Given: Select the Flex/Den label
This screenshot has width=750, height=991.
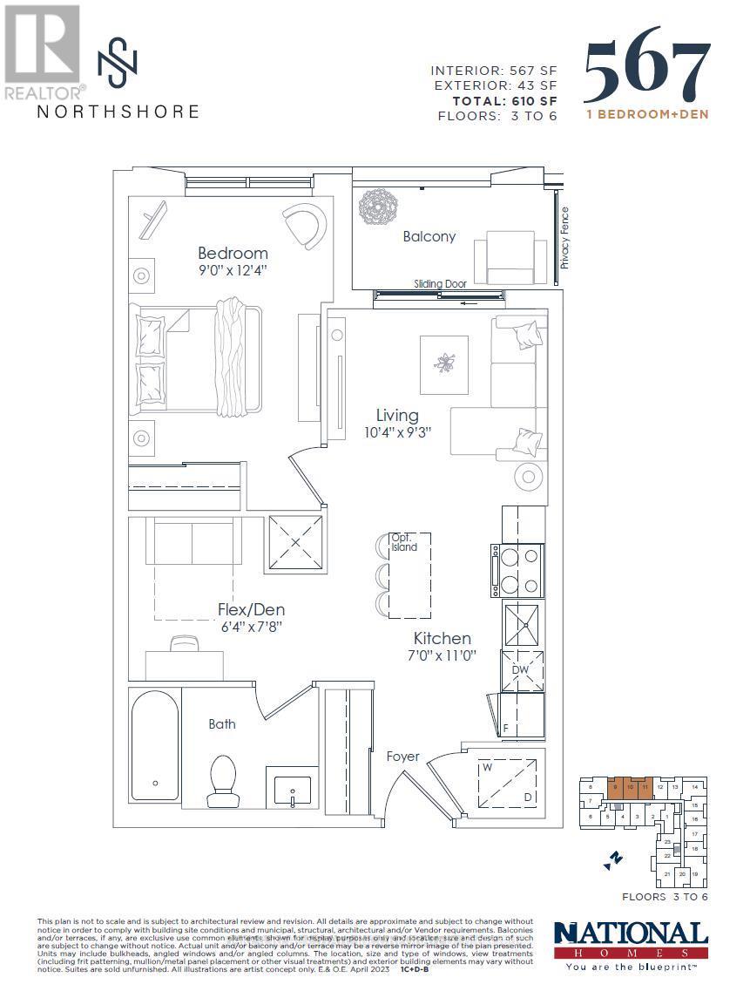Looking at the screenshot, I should (x=251, y=610).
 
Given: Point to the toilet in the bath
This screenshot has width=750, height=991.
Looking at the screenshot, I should (x=223, y=779).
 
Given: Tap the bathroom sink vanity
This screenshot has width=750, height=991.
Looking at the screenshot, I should (x=292, y=789).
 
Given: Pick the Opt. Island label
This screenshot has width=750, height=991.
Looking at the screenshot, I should (x=403, y=542).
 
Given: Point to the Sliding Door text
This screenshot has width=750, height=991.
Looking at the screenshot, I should (x=441, y=284).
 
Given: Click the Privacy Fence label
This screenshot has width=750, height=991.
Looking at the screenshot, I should (x=564, y=237).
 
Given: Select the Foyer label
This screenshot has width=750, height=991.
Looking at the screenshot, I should (x=403, y=757).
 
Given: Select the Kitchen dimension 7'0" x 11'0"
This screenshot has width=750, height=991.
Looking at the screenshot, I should (x=442, y=655).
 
